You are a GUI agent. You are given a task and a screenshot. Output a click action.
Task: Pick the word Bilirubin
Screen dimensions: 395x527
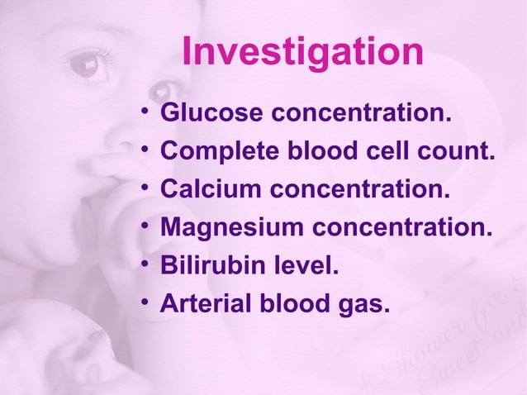click(x=200, y=266)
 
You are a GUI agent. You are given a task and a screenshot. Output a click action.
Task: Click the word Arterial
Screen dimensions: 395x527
click(x=198, y=304)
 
